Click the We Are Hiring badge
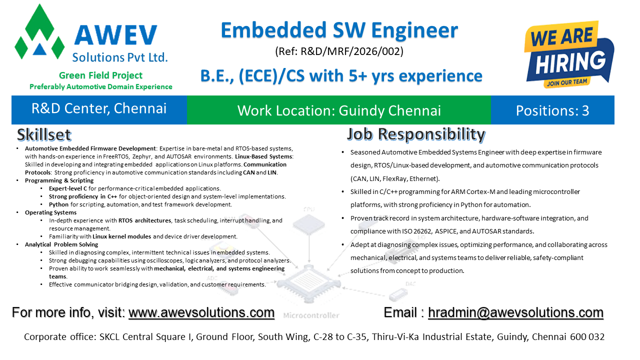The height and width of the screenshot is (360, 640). coord(569,54)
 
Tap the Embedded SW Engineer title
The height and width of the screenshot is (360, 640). coord(339,30)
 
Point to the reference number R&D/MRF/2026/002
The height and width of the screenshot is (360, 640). coord(351,51)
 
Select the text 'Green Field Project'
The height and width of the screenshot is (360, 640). coord(100,75)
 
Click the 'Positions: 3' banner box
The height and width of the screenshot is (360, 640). coord(552,110)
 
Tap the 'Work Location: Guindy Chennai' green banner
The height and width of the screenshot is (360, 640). coord(339,110)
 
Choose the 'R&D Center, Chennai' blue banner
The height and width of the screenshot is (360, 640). coord(99,110)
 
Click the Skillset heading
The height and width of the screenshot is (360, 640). coord(44,135)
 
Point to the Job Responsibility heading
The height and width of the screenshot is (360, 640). coord(416,134)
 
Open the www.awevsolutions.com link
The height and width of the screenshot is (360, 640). coord(201,312)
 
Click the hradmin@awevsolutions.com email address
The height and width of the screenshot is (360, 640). coord(515,312)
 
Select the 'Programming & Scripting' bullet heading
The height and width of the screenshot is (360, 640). coord(59,180)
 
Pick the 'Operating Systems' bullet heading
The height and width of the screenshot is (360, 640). coord(50,212)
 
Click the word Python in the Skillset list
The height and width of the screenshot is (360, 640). coord(58,204)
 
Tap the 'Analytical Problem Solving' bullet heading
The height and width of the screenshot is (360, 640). coord(61,244)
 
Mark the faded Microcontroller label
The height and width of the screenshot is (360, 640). coord(311,315)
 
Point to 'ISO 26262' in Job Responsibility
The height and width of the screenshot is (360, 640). coord(417,231)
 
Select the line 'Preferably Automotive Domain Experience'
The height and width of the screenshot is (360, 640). coord(101,86)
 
